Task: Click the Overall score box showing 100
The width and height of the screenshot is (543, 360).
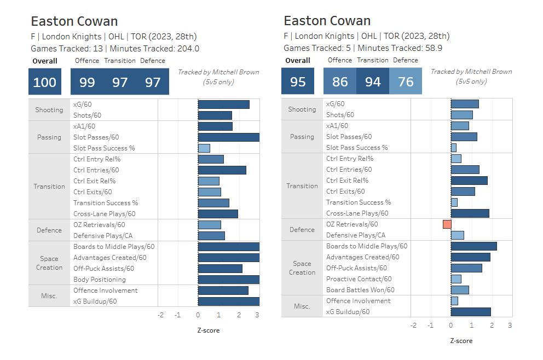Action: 45,82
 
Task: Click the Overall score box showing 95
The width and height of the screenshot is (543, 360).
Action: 298,82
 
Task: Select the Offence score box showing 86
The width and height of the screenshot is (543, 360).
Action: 340,82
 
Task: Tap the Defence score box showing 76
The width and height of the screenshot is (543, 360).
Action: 406,82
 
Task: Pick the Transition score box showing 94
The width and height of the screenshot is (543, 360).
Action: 373,82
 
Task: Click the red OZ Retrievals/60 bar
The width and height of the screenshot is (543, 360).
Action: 447,224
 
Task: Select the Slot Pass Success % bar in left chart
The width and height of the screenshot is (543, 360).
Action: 204,148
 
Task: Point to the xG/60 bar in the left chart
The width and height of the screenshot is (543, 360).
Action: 223,104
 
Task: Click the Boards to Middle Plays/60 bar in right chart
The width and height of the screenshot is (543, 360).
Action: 473,246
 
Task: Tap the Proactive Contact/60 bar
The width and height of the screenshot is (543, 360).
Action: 456,279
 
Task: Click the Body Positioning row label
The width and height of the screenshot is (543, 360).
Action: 96,280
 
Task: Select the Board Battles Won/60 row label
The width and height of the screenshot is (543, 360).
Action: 360,290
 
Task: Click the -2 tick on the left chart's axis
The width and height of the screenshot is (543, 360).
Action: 160,315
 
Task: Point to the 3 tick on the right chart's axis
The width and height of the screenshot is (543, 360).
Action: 510,325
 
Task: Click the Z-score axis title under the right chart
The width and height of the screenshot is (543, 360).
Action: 461,341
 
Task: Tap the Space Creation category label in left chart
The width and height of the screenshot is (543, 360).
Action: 49,263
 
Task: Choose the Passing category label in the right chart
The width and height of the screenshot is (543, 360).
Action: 302,137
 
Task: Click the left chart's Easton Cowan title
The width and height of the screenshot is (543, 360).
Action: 74,21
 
